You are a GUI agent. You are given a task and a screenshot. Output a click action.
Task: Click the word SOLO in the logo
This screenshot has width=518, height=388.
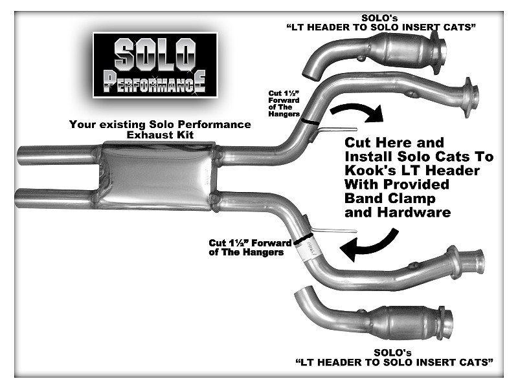155,54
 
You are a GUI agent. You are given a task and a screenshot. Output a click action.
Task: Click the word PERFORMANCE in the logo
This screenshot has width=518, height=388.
155,82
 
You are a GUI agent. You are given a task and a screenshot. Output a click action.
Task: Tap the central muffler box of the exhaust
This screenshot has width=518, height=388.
157,176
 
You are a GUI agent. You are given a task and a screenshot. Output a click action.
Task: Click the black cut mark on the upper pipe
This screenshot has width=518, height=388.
311,122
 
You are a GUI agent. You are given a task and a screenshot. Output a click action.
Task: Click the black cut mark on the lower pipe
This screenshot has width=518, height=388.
303,239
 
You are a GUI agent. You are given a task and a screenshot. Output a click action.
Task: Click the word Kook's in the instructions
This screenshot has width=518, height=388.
366,171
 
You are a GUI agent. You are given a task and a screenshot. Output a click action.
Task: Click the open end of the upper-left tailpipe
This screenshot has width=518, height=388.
20,156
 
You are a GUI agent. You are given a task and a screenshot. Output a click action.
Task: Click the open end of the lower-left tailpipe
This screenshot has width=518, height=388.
18,199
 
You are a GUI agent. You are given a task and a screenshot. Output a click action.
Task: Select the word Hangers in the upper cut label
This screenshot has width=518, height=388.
284,114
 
